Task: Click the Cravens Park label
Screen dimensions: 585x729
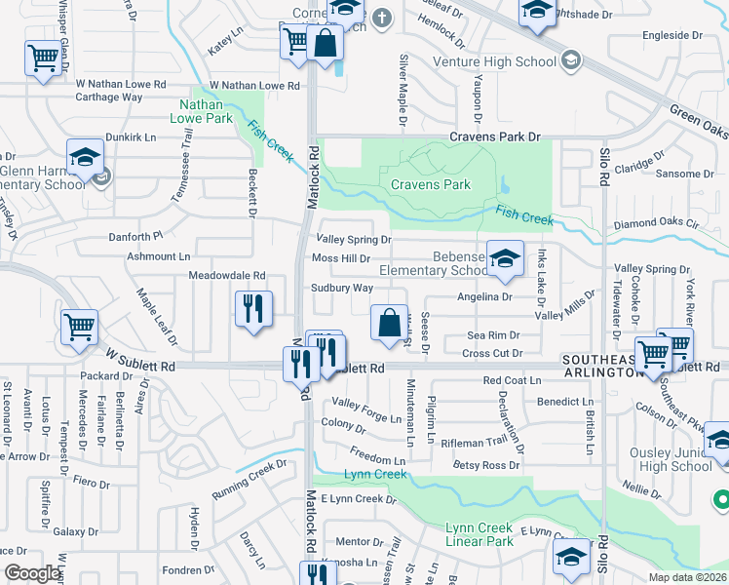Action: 430,184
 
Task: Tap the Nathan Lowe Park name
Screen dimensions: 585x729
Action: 206,110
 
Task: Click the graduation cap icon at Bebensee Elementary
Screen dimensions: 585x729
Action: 505,258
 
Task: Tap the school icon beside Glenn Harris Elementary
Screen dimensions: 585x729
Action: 86,157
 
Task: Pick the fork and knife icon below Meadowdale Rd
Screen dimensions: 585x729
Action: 251,309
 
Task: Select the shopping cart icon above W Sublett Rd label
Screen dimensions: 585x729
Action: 79,327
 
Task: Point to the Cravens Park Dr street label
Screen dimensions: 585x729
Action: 494,137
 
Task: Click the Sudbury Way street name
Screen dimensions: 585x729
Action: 342,289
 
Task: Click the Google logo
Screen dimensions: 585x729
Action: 32,573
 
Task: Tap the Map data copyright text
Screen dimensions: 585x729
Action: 687,577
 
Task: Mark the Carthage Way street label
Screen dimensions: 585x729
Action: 109,97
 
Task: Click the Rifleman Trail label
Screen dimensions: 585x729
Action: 475,441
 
